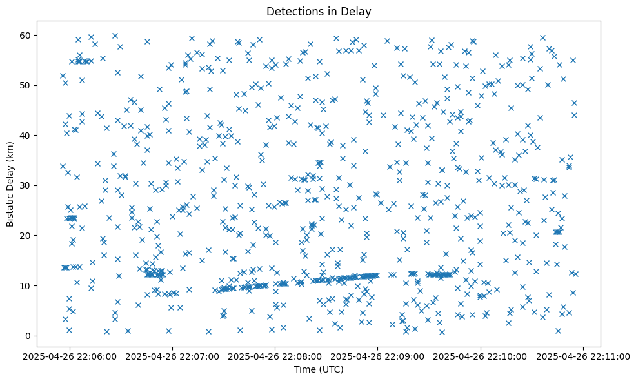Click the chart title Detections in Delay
pos(319,11)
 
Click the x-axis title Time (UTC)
pos(319,369)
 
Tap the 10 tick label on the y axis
pos(26,285)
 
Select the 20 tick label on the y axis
pos(26,236)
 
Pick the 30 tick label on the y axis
pos(26,185)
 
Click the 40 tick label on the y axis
pos(26,136)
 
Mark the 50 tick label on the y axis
pos(26,85)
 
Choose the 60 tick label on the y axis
pos(26,35)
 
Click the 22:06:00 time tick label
pos(70,356)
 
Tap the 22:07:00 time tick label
pos(173,356)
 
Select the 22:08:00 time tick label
pos(275,356)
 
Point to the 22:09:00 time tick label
pos(378,356)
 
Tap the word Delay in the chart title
pos(359,11)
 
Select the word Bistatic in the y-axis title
pos(10,209)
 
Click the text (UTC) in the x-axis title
pos(332,369)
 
